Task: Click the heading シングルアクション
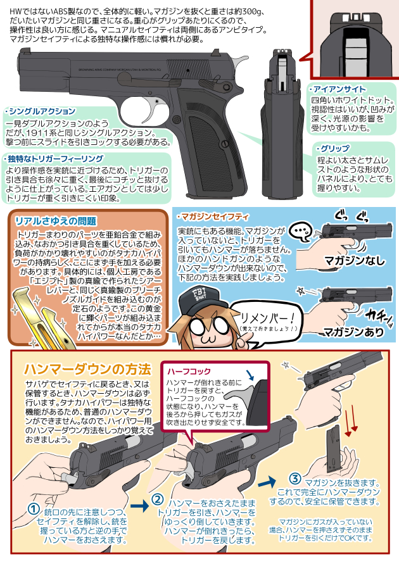pyautogui.click(x=42, y=111)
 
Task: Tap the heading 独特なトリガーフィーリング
pyautogui.click(x=54, y=158)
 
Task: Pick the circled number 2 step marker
pyautogui.click(x=158, y=499)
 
